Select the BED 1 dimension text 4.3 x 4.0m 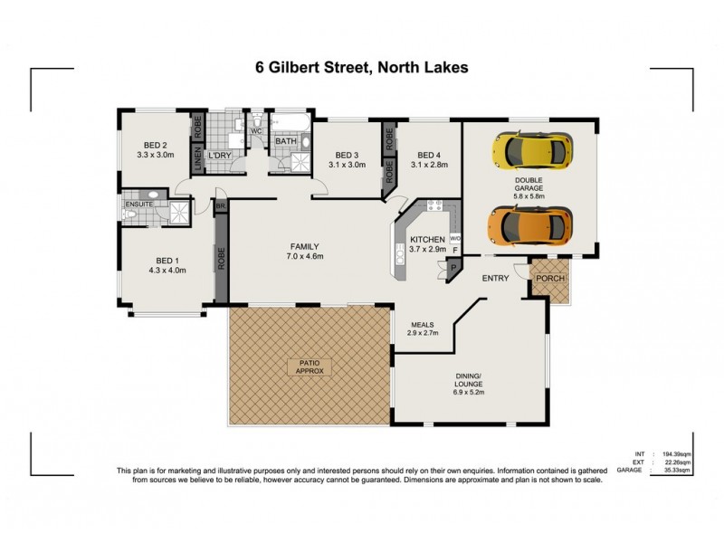[x=167, y=269]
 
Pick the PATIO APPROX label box [x=310, y=367]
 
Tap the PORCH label [x=549, y=278]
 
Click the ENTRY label [x=495, y=278]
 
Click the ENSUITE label [x=139, y=205]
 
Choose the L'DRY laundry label [x=220, y=156]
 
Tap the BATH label [x=286, y=141]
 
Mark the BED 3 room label [x=348, y=154]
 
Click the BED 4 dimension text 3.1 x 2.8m [x=428, y=165]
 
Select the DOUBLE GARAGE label [x=529, y=186]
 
